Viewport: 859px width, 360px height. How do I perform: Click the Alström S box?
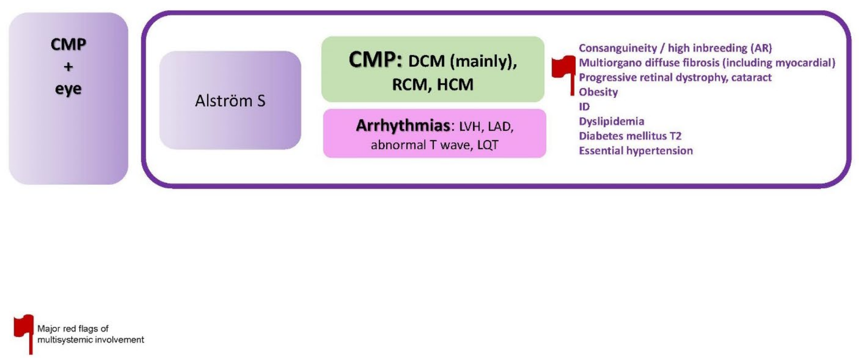230,100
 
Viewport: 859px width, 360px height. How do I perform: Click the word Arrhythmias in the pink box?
403,126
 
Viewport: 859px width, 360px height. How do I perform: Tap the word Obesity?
598,92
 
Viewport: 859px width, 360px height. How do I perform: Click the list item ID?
584,107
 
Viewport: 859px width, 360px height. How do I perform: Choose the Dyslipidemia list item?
611,121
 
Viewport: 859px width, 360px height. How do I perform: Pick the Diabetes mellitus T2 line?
630,136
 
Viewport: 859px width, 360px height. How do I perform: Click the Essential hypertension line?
635,151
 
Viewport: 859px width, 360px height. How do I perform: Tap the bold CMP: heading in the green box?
375,60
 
